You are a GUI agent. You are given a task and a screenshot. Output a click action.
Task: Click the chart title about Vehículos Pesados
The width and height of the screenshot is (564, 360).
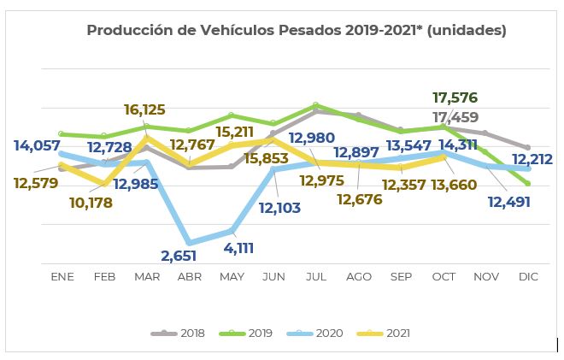tap(297, 31)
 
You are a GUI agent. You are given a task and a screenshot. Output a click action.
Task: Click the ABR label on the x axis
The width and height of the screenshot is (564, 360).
tap(189, 277)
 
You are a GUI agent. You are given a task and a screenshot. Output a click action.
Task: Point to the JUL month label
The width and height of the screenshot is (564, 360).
tap(315, 277)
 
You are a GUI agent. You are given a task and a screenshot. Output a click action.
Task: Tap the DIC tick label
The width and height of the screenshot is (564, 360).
tap(527, 277)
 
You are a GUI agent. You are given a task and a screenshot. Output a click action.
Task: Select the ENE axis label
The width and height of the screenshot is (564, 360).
tap(62, 277)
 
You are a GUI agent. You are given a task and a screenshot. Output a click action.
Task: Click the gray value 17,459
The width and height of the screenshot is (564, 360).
tap(455, 117)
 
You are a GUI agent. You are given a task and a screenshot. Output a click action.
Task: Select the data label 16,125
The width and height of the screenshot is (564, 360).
tap(144, 109)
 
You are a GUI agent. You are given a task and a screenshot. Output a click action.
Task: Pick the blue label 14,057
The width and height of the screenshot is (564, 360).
tap(37, 145)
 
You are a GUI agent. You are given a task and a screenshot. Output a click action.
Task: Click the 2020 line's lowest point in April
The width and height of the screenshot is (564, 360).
tap(189, 243)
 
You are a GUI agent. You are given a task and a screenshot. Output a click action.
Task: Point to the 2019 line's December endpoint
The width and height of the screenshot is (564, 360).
tap(528, 184)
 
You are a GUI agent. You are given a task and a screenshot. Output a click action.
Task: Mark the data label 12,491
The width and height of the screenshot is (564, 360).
tap(509, 203)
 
